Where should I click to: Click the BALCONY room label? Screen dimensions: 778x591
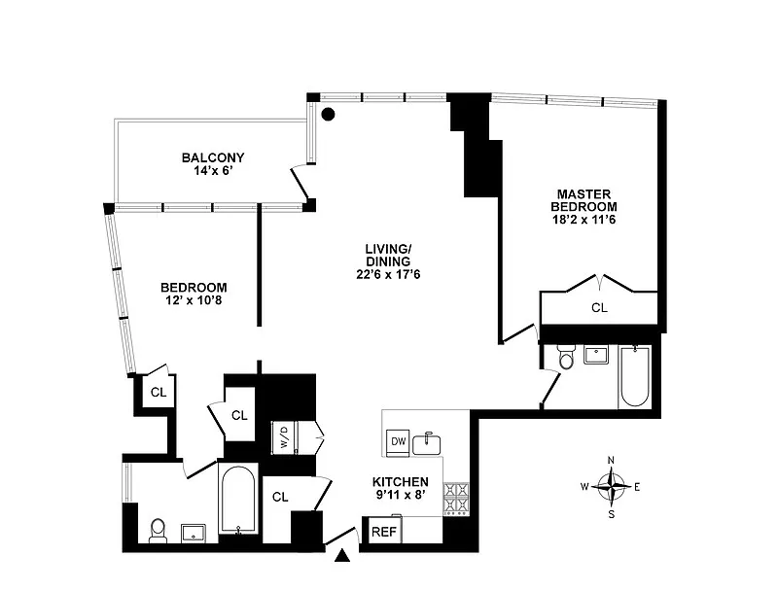click(213, 157)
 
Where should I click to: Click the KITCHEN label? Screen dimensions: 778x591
click(401, 482)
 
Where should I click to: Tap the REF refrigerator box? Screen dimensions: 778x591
click(384, 531)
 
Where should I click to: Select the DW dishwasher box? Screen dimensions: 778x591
click(398, 442)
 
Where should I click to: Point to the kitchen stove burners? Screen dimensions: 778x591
click(456, 499)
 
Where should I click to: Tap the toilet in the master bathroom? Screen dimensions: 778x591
click(566, 360)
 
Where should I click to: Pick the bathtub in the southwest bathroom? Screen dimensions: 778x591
click(237, 499)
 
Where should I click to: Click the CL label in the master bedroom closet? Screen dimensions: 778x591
click(600, 308)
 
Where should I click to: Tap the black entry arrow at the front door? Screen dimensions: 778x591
click(342, 556)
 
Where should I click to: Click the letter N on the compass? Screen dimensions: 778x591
click(611, 461)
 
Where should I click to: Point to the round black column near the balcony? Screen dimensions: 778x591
click(329, 114)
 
